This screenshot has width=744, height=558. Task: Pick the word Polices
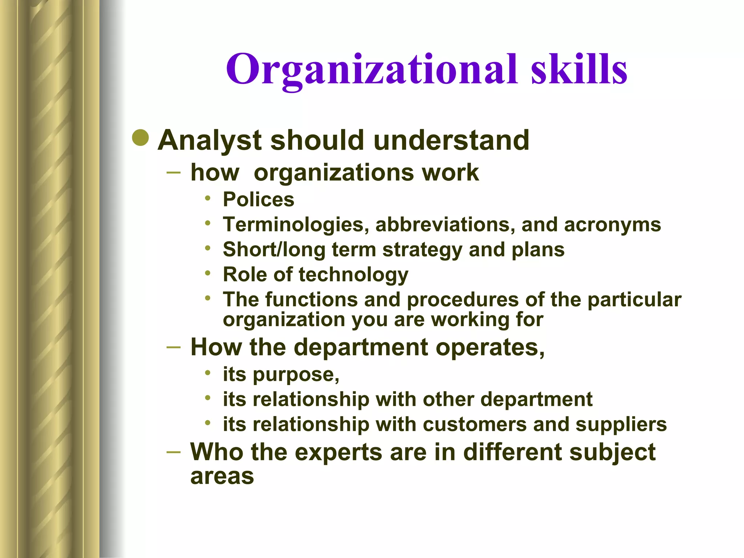click(x=258, y=199)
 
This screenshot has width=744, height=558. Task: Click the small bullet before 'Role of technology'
click(x=207, y=273)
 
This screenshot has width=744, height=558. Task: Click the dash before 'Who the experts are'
click(x=173, y=452)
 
